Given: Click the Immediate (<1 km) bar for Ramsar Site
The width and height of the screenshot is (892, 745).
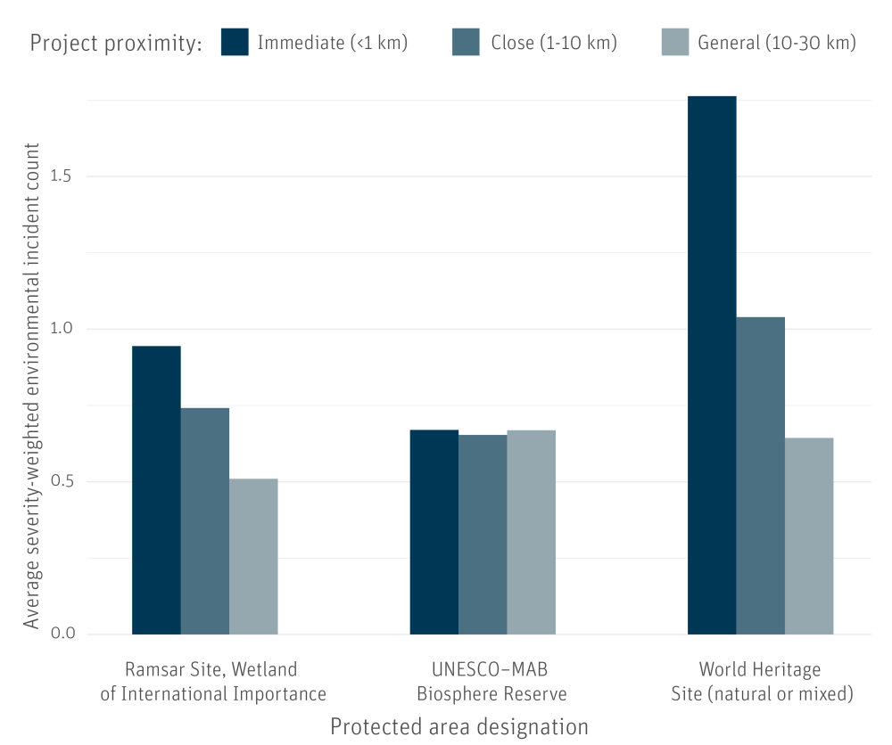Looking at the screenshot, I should click(156, 490).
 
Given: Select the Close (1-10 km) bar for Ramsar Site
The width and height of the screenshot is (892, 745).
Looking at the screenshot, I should click(205, 521).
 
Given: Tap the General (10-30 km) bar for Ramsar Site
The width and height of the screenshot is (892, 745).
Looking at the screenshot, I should click(253, 557).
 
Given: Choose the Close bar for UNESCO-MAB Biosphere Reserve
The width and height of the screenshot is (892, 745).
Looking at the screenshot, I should click(483, 535).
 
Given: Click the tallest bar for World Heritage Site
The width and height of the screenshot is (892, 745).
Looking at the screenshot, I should click(712, 365).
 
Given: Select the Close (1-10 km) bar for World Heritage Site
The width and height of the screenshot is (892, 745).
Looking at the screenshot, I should click(761, 476).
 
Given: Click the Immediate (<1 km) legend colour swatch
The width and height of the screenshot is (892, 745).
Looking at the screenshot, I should click(235, 42).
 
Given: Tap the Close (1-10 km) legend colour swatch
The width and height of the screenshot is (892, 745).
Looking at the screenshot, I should click(466, 42).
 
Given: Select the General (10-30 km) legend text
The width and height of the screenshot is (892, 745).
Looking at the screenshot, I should click(777, 42).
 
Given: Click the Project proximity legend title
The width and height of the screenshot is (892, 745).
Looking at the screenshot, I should click(116, 43).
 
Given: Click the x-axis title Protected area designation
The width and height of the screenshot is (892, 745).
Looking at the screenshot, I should click(459, 726).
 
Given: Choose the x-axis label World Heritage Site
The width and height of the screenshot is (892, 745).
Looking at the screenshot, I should click(761, 681).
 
